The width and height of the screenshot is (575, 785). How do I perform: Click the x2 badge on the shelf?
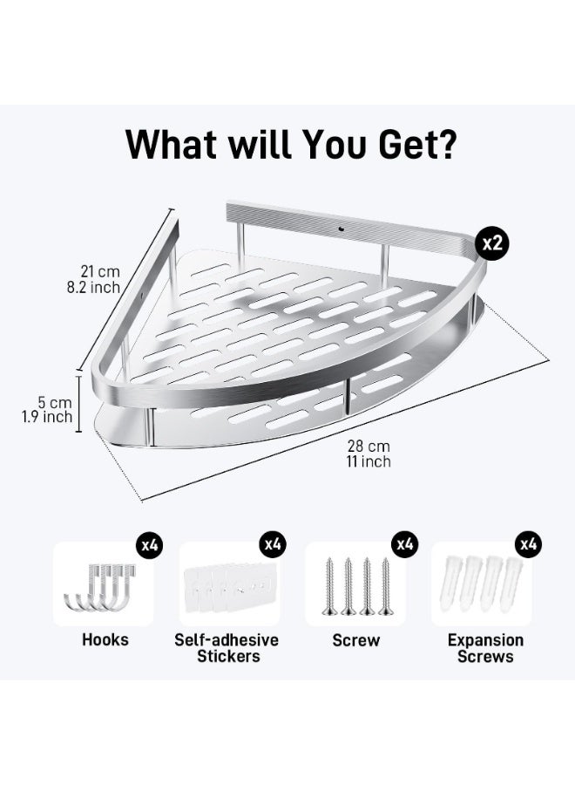pyautogui.click(x=493, y=243)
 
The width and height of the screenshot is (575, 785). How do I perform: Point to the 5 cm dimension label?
pyautogui.click(x=54, y=402)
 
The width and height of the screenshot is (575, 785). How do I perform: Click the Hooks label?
pyautogui.click(x=105, y=640)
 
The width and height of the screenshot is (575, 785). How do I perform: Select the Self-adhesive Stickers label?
pyautogui.click(x=227, y=648)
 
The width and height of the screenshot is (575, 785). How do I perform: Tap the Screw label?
pyautogui.click(x=356, y=640)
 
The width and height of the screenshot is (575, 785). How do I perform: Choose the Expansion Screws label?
pyautogui.click(x=485, y=648)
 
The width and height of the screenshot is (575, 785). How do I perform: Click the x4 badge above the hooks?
pyautogui.click(x=149, y=545)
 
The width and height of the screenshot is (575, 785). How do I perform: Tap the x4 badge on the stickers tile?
pyautogui.click(x=274, y=545)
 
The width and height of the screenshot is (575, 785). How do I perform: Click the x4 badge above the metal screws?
pyautogui.click(x=403, y=545)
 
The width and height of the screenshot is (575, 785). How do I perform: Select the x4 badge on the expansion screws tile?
pyautogui.click(x=529, y=545)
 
